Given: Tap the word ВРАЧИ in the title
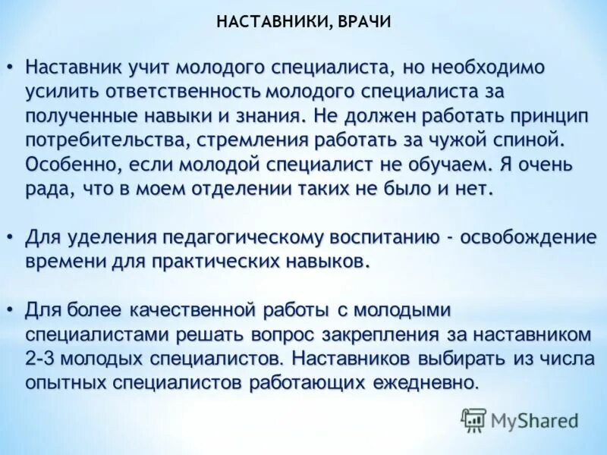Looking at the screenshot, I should (x=363, y=22).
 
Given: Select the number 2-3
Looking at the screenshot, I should (x=42, y=359).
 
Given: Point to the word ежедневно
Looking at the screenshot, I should (x=426, y=383).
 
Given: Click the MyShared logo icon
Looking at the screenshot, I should (x=473, y=419).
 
